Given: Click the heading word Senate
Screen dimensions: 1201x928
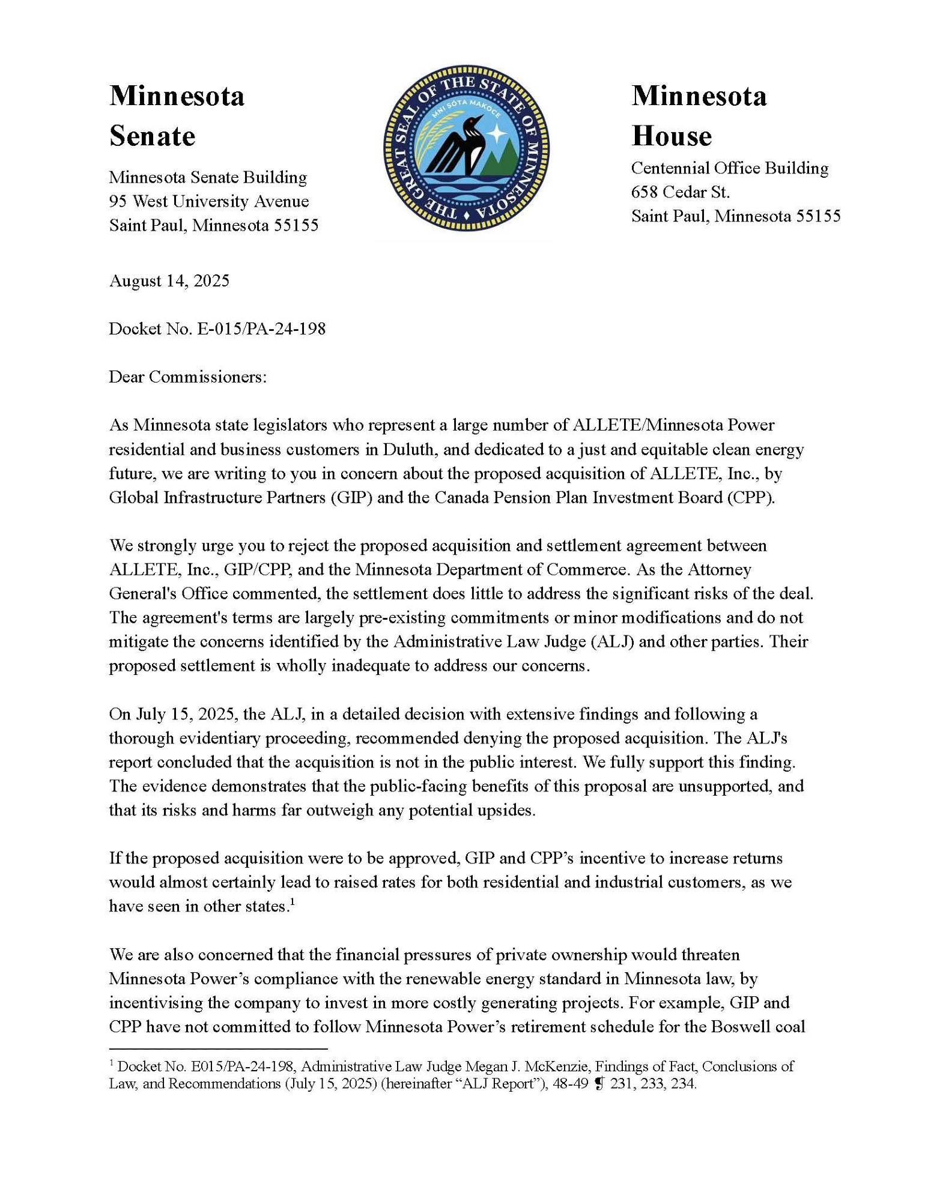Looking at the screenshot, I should click(x=152, y=136).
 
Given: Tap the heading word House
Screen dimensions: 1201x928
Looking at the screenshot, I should click(x=671, y=136).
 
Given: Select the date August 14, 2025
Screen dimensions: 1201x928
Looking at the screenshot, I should click(x=169, y=281).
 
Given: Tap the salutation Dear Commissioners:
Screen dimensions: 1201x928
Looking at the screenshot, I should click(x=187, y=377).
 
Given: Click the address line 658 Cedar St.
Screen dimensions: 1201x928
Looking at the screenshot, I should click(x=680, y=192).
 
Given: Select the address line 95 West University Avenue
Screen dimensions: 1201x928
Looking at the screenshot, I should click(x=208, y=201).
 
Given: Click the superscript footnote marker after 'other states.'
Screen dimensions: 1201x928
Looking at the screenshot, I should click(x=292, y=901).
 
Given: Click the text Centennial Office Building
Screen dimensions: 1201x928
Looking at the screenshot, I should click(x=729, y=168).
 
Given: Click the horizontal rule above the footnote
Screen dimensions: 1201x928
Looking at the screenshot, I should click(x=218, y=1048).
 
